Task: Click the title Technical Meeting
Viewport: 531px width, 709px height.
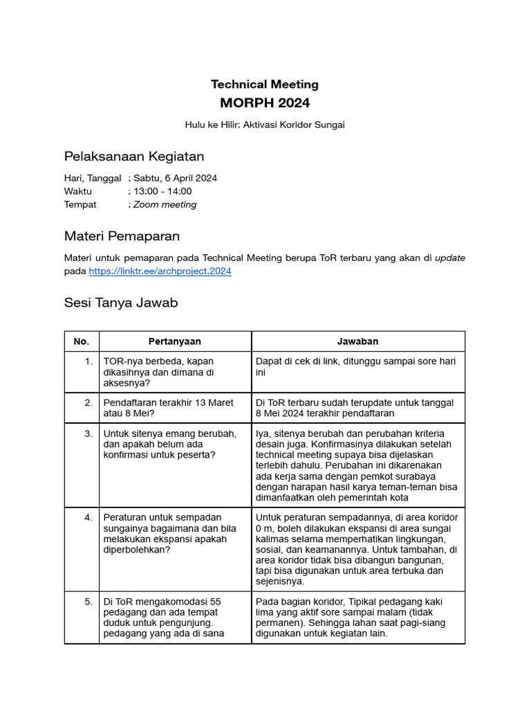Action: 265,84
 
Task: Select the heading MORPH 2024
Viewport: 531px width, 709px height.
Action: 265,103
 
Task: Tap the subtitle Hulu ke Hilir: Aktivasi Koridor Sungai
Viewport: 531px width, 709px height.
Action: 265,125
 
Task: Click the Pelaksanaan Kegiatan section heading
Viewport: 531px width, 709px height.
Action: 133,156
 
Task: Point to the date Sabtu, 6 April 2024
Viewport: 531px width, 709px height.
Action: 175,178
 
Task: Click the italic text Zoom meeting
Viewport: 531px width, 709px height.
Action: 165,204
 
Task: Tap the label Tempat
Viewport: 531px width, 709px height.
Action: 80,204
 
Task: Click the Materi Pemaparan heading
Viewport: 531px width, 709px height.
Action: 122,236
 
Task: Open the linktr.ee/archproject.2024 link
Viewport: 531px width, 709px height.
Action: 160,271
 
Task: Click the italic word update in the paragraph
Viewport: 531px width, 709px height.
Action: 449,258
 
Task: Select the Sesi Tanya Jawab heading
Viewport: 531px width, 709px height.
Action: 121,303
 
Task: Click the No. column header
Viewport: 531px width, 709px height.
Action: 82,341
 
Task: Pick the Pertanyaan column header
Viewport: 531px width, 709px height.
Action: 175,341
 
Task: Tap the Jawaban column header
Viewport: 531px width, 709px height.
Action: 357,341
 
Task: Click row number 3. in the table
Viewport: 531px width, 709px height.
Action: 88,433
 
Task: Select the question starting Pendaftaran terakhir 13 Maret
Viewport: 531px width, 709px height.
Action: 168,408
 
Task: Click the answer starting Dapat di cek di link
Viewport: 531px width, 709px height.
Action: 355,366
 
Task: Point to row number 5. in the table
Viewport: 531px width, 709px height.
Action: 88,602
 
